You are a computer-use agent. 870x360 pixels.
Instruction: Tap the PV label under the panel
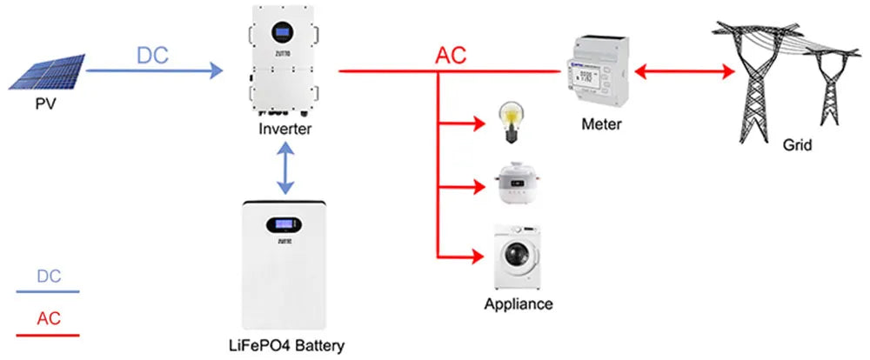click(x=45, y=105)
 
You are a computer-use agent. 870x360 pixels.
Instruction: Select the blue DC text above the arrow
click(x=152, y=54)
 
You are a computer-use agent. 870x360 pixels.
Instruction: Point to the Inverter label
click(x=284, y=130)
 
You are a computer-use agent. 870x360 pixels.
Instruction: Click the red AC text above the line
click(x=451, y=55)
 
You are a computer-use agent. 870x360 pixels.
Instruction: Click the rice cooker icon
click(x=512, y=183)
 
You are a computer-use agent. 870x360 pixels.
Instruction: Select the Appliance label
click(x=518, y=303)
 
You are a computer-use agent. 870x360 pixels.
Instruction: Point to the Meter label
click(x=601, y=124)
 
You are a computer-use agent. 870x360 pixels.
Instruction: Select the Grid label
click(x=797, y=145)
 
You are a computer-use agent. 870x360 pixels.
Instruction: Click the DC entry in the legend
click(x=49, y=277)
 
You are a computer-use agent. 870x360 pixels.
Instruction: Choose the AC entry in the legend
click(x=49, y=318)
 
